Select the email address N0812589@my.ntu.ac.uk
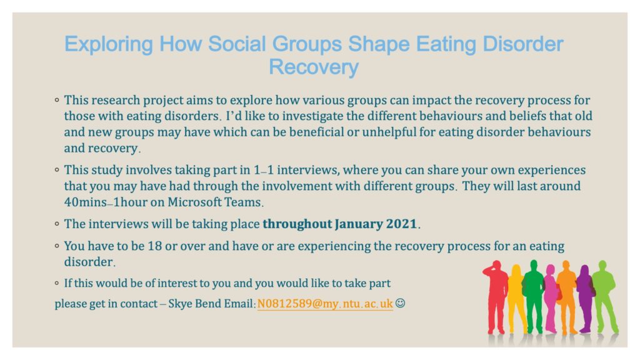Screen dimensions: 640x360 point(325,304)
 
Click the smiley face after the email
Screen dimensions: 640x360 point(401,303)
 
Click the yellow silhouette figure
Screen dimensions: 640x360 point(516,298)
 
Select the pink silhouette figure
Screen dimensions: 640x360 point(551,298)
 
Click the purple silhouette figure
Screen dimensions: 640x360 point(586,299)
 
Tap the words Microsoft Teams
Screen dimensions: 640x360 point(214,202)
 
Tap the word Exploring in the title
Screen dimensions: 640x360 point(109,45)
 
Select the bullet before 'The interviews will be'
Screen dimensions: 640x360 point(57,224)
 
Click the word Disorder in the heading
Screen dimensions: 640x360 point(523,44)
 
